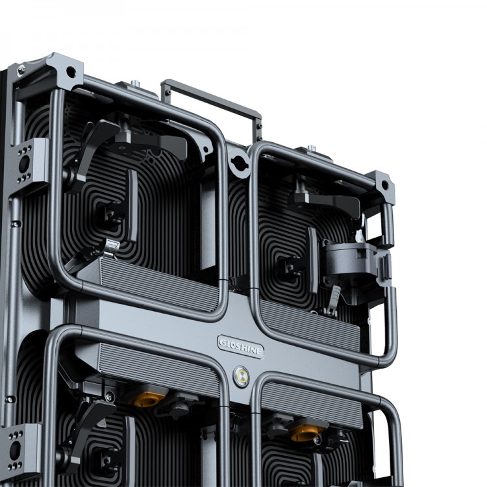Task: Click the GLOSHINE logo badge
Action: click(x=241, y=347)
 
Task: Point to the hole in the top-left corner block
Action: click(x=71, y=72)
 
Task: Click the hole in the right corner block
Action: click(x=384, y=186)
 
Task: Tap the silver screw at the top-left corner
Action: click(x=21, y=71)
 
